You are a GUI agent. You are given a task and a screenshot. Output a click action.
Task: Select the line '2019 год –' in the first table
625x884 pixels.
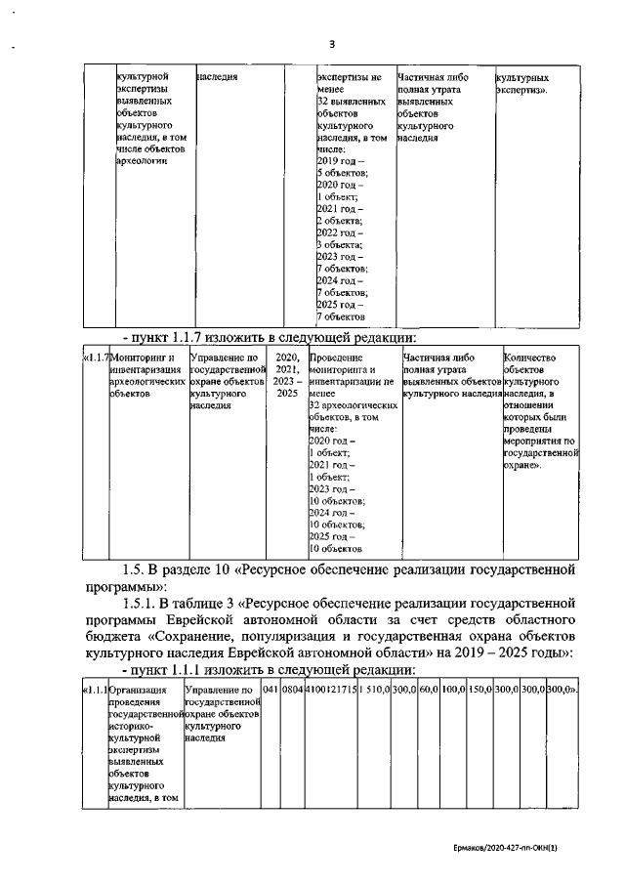(x=341, y=160)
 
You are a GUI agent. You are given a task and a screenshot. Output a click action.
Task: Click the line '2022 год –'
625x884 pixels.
(x=341, y=232)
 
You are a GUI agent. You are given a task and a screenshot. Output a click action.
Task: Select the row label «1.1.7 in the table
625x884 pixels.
(x=95, y=358)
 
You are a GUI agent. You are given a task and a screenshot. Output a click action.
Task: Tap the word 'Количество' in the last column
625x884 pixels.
(x=533, y=358)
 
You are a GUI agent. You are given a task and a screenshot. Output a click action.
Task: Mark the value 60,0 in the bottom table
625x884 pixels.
(x=427, y=692)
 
